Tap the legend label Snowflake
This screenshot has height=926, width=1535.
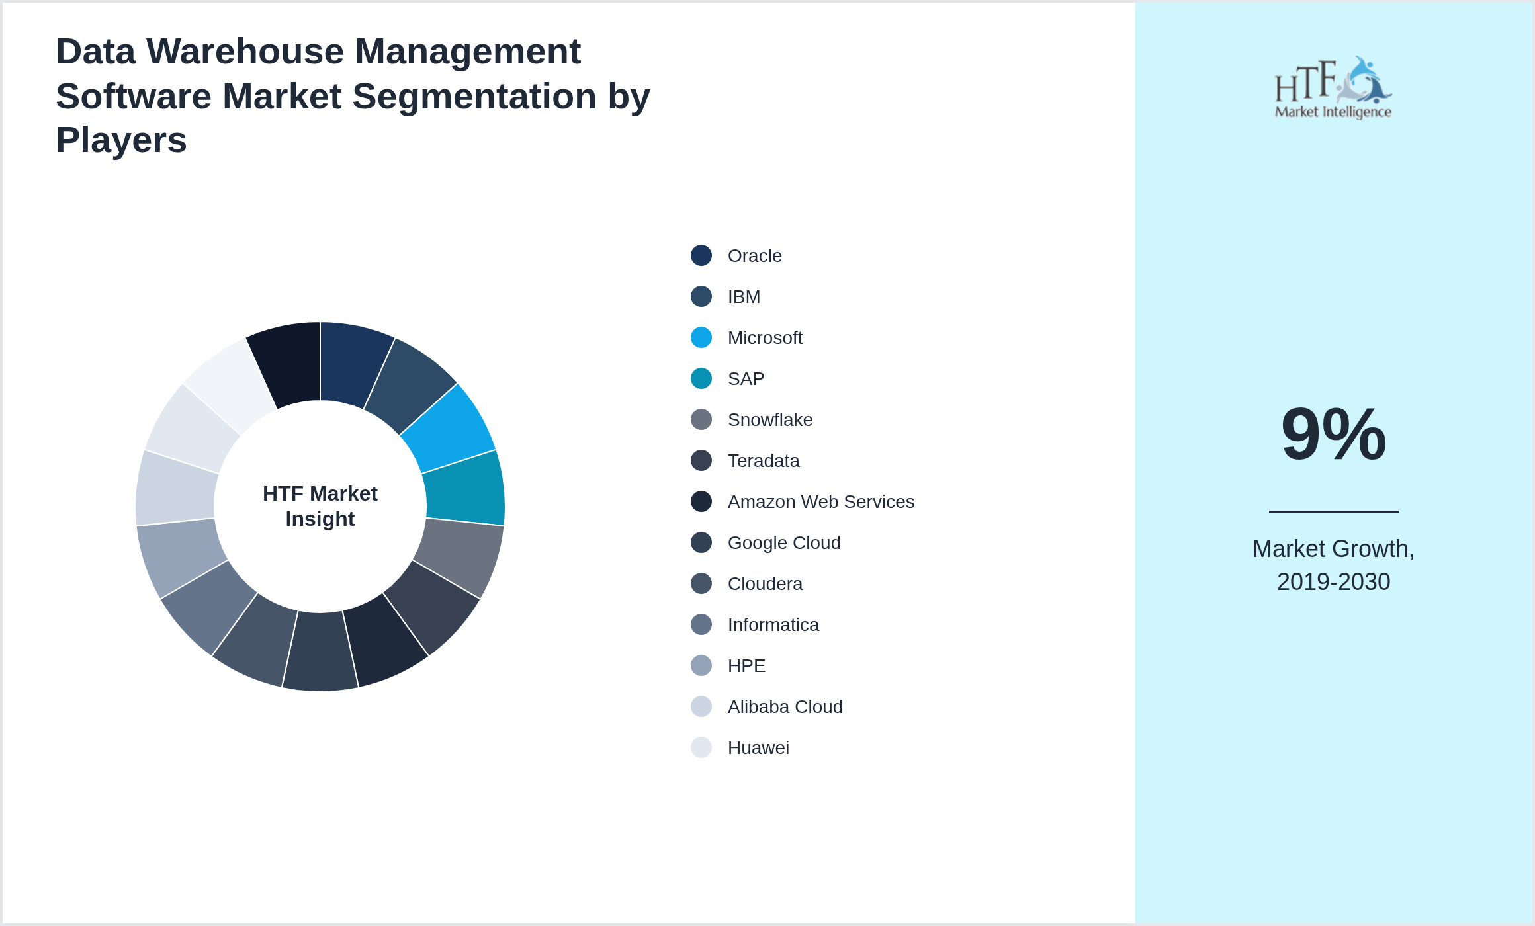click(769, 420)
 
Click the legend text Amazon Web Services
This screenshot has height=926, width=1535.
click(820, 502)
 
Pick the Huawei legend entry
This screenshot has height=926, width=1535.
click(758, 748)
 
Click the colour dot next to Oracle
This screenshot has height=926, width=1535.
click(701, 255)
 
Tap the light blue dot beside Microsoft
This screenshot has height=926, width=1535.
click(701, 337)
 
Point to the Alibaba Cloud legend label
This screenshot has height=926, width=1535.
click(785, 707)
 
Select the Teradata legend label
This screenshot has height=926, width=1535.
click(763, 461)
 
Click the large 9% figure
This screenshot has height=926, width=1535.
click(1333, 435)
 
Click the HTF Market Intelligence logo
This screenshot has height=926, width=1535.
click(1333, 88)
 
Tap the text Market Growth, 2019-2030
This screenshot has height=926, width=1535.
click(1333, 566)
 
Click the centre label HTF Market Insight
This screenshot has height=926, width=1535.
click(320, 506)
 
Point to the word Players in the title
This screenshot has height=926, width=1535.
click(121, 140)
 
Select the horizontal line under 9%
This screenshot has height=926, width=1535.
click(1333, 511)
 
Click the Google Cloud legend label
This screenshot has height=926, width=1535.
click(783, 543)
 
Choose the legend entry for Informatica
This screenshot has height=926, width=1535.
click(773, 625)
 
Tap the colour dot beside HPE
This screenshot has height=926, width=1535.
click(701, 665)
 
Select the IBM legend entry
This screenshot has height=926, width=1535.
click(744, 297)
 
